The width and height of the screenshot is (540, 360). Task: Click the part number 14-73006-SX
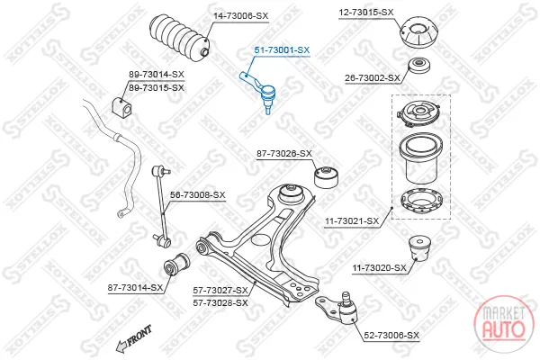pyautogui.click(x=240, y=16)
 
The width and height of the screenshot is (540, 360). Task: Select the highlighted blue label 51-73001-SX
pyautogui.click(x=282, y=50)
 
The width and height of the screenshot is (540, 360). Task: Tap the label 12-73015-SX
pyautogui.click(x=366, y=13)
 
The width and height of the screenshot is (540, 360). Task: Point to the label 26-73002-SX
pyautogui.click(x=373, y=78)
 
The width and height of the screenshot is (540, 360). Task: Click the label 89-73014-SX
pyautogui.click(x=157, y=75)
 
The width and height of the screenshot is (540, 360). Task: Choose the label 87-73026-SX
pyautogui.click(x=284, y=153)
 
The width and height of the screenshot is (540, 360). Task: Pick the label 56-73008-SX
pyautogui.click(x=198, y=195)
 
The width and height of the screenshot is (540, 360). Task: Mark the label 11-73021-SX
pyautogui.click(x=352, y=221)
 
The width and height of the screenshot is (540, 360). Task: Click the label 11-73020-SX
pyautogui.click(x=380, y=267)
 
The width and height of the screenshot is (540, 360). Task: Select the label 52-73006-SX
pyautogui.click(x=391, y=335)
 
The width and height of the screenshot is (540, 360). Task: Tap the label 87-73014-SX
pyautogui.click(x=135, y=288)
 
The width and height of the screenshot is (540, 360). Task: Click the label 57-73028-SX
pyautogui.click(x=220, y=303)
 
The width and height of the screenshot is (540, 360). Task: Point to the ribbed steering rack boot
pyautogui.click(x=179, y=38)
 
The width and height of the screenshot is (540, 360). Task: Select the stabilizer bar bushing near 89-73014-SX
pyautogui.click(x=121, y=106)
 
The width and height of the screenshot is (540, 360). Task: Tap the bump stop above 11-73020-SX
pyautogui.click(x=419, y=248)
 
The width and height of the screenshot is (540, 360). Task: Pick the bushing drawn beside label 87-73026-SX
pyautogui.click(x=326, y=177)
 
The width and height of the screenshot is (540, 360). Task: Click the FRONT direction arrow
pyautogui.click(x=134, y=339)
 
